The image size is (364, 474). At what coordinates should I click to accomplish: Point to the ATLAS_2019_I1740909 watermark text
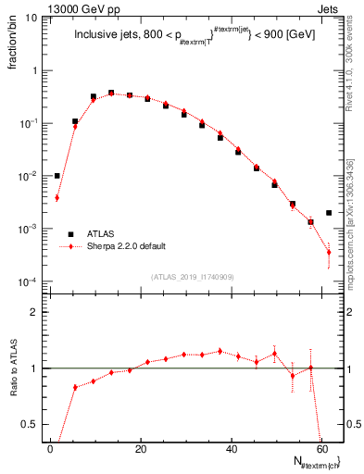tap(191, 277)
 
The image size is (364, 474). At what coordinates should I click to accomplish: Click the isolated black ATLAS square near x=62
tap(329, 213)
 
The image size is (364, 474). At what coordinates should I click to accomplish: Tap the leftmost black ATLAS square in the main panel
tap(57, 176)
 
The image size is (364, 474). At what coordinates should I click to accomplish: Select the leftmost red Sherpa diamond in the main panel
tap(57, 197)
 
